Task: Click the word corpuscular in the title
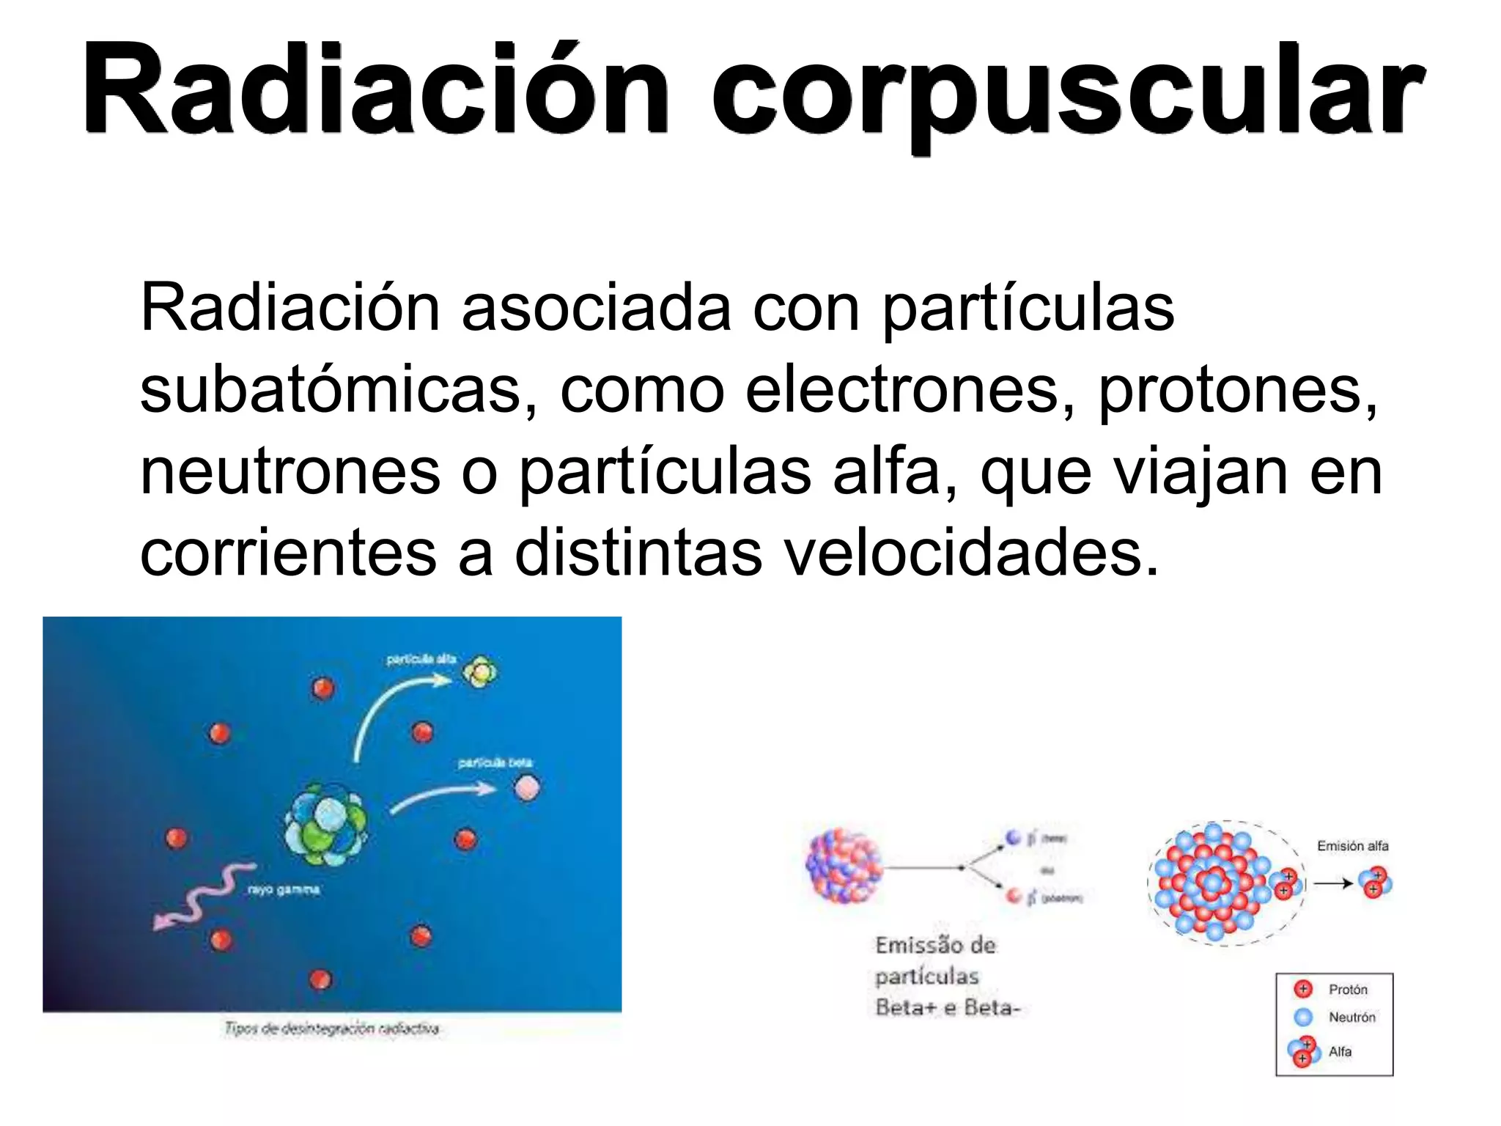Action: pos(1067,95)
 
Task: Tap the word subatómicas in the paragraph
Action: pos(330,390)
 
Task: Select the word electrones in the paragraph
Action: pos(901,390)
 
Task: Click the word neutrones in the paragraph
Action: pos(290,472)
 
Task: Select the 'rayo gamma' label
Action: pos(283,890)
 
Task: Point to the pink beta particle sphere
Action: pos(527,789)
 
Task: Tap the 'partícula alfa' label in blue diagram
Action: pos(421,659)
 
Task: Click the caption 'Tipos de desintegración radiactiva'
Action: pos(331,1029)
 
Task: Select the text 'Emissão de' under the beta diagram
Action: pos(935,945)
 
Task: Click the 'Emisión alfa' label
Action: pos(1352,846)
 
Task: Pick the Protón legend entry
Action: pos(1347,990)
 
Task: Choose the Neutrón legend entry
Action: pos(1351,1018)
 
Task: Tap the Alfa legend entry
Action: pos(1339,1052)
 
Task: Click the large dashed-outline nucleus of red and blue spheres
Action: pos(1217,883)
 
